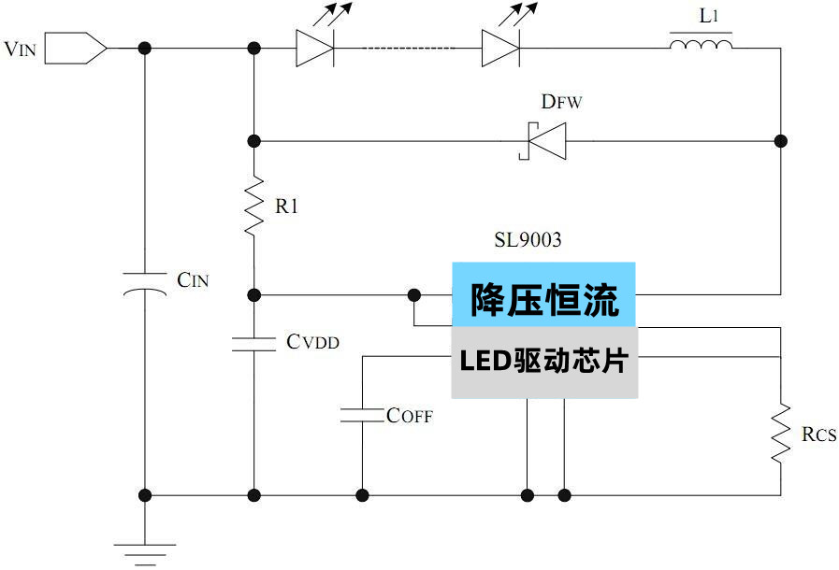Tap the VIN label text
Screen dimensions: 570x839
(21, 50)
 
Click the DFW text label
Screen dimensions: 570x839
(561, 102)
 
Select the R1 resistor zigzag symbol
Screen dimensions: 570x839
(253, 207)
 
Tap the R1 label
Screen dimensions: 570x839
(286, 207)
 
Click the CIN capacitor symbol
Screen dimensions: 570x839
(145, 284)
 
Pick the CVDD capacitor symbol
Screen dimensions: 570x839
(253, 343)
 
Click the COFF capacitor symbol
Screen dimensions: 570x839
(362, 415)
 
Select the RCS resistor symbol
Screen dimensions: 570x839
(780, 434)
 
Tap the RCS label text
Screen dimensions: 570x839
(818, 435)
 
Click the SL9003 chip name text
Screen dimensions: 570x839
(528, 240)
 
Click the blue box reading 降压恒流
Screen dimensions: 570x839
(543, 294)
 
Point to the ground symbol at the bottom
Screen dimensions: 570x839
(145, 551)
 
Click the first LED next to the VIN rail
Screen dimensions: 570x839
(315, 48)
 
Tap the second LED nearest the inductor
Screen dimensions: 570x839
(501, 48)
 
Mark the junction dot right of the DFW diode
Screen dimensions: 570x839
(780, 141)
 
